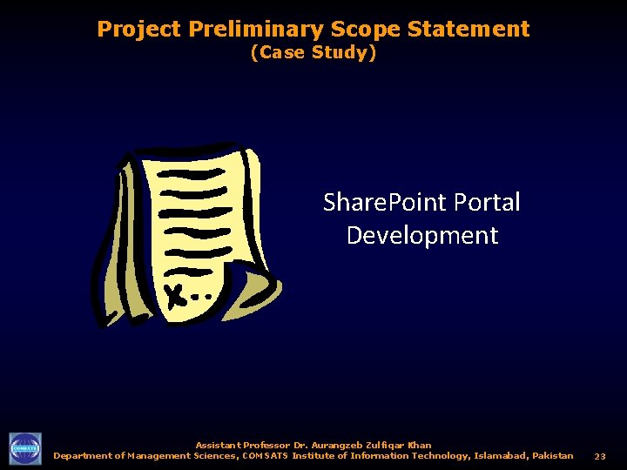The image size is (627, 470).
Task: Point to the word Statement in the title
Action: [468, 30]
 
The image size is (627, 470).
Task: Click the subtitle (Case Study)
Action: [313, 53]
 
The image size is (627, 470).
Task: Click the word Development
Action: [422, 235]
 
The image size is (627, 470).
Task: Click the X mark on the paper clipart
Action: [177, 296]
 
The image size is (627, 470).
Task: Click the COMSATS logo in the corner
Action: [24, 449]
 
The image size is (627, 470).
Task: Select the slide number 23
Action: [600, 456]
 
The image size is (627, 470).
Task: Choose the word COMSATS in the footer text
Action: [265, 455]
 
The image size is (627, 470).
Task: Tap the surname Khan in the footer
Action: [418, 445]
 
